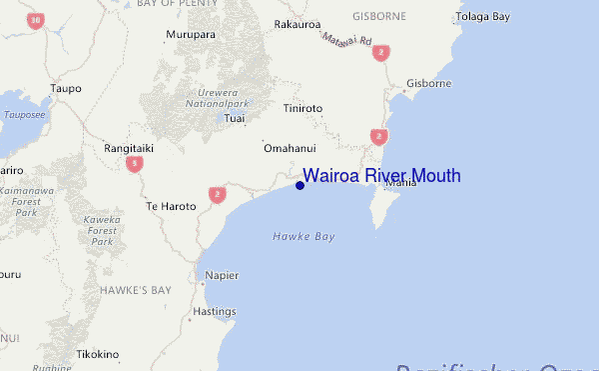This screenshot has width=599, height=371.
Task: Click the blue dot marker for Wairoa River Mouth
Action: pos(299,184)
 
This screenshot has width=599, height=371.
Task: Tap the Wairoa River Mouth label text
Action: pos(381,176)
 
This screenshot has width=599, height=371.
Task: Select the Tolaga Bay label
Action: pos(481,18)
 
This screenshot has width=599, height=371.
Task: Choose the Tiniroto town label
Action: pos(303,109)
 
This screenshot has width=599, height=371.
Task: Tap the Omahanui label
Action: pos(290,148)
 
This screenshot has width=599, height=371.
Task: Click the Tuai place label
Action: pos(236,119)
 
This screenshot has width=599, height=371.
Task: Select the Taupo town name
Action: pos(65,88)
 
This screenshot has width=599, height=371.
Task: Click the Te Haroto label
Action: pos(168,206)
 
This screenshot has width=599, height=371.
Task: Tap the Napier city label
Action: pos(222,275)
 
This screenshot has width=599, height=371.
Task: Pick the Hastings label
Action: pos(214,312)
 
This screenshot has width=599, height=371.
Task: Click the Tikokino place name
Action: pos(98,354)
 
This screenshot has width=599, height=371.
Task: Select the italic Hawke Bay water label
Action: pos(303,237)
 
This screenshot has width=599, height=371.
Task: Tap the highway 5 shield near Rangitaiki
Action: pos(134,163)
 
